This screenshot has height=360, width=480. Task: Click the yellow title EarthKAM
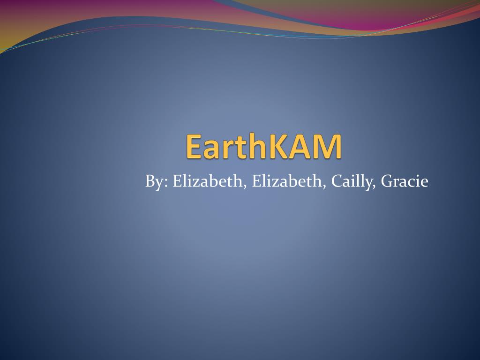pyautogui.click(x=263, y=146)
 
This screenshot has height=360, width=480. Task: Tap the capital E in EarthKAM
pyautogui.click(x=194, y=146)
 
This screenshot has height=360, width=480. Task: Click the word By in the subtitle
pyautogui.click(x=154, y=181)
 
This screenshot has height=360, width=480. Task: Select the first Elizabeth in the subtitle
pyautogui.click(x=207, y=181)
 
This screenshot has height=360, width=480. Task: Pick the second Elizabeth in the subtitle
pyautogui.click(x=287, y=181)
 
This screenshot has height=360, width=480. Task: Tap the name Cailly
pyautogui.click(x=351, y=181)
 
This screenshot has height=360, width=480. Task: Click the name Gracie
pyautogui.click(x=405, y=181)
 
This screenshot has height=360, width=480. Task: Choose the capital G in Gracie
pyautogui.click(x=388, y=181)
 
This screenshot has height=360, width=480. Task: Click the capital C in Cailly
pyautogui.click(x=337, y=181)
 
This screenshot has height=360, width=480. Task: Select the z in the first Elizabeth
pyautogui.click(x=197, y=183)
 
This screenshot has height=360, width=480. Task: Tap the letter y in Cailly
pyautogui.click(x=367, y=184)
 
